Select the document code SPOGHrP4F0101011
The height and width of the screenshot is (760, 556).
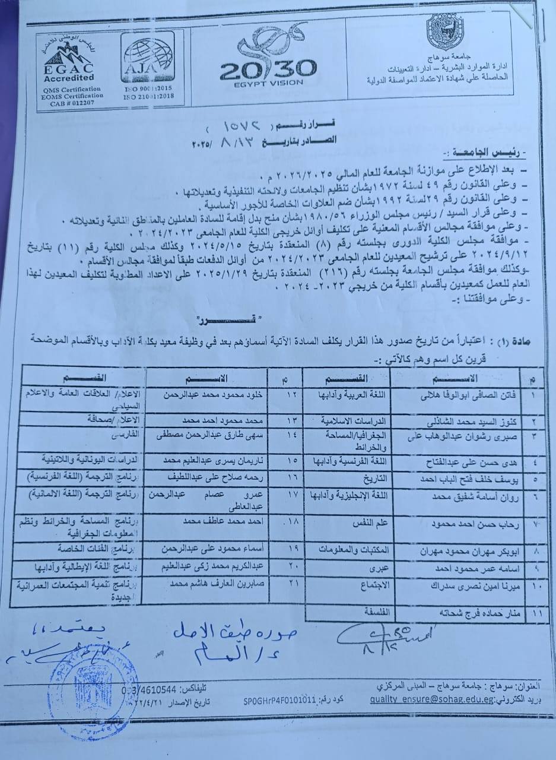(278, 701)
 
